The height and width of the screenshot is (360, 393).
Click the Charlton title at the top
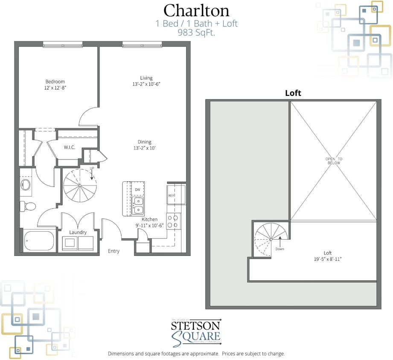[x=196, y=10]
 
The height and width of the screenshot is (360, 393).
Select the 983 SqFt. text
[x=196, y=32]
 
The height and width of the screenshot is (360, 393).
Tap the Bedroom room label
[x=55, y=82]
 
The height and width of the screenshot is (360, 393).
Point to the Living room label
[x=146, y=78]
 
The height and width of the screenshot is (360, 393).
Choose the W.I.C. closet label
[x=70, y=148]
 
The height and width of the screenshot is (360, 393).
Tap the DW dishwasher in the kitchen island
[x=137, y=189]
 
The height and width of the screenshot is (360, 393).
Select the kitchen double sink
[x=137, y=205]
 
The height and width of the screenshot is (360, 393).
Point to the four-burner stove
[x=172, y=221]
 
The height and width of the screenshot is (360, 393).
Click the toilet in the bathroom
[x=29, y=206]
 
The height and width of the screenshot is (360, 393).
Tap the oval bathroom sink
[x=26, y=185]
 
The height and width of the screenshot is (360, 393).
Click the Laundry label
[x=78, y=232]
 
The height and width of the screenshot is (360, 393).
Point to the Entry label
[x=114, y=251]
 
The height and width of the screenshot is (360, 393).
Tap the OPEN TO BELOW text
[x=334, y=161]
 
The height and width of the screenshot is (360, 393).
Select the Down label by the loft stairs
[x=280, y=249]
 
